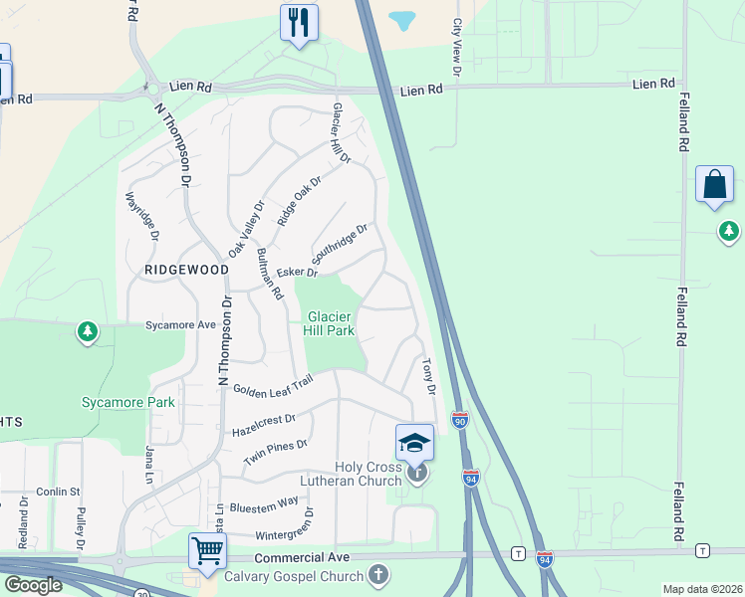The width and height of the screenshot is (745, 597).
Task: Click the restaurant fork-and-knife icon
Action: [299, 22]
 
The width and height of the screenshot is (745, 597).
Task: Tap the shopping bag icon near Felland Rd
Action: [714, 185]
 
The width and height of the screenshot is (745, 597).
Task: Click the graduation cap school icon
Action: [414, 442]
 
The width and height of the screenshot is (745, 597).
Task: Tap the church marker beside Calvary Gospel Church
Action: [378, 574]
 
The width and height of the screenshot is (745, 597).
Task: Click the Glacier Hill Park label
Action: [328, 323]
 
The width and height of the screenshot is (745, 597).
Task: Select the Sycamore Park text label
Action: [127, 403]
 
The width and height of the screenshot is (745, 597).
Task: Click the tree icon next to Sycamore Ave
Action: [88, 330]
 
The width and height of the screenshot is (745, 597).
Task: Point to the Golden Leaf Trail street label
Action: [274, 384]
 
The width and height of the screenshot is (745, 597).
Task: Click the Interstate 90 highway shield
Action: [459, 420]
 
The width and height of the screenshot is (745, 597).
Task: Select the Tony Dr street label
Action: [429, 376]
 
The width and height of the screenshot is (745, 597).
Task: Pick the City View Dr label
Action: [457, 47]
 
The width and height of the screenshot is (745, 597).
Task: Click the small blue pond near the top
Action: [402, 20]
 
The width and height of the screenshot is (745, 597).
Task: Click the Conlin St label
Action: [59, 492]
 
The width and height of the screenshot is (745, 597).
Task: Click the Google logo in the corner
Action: [33, 585]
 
